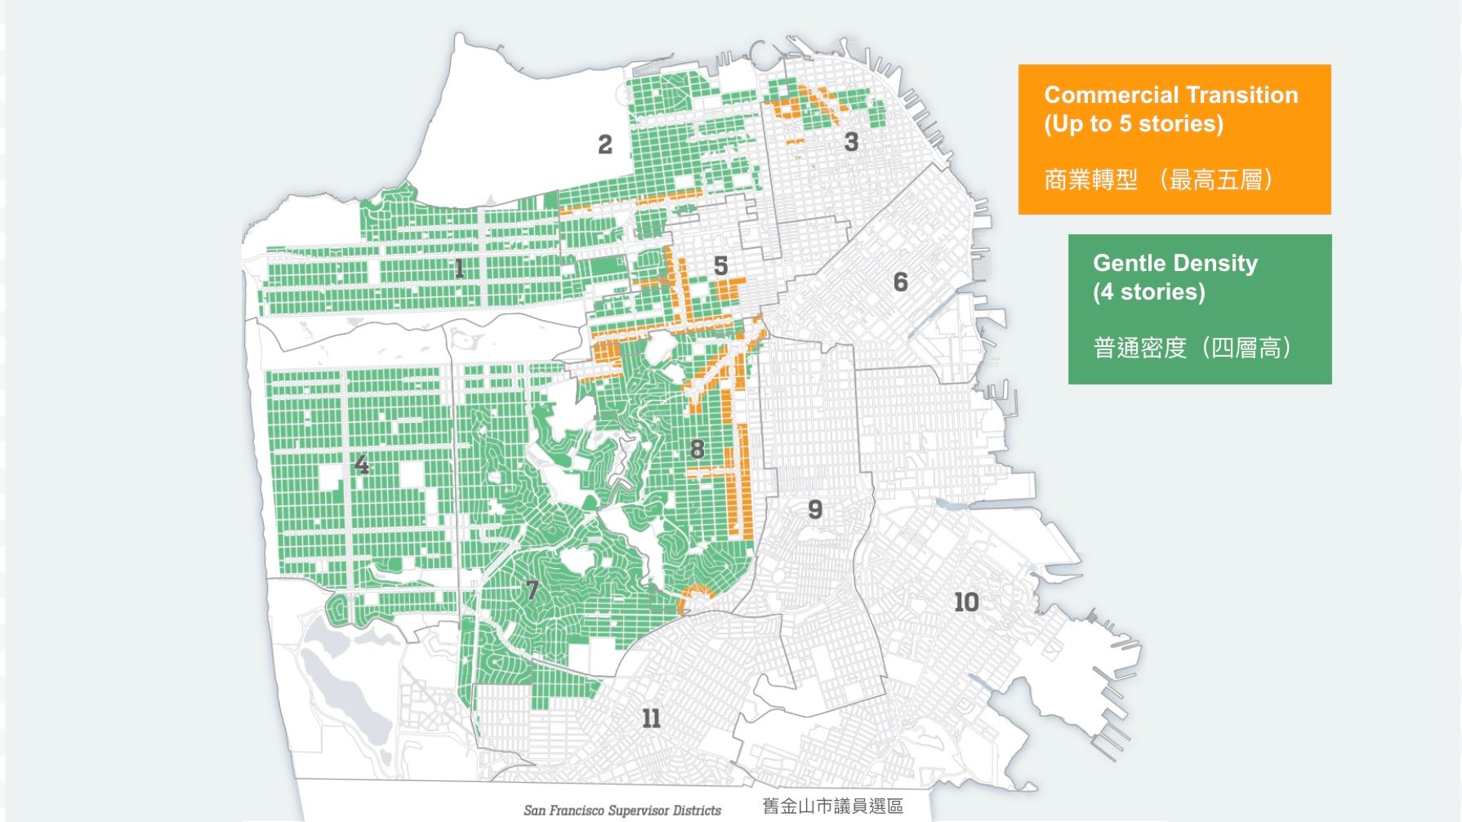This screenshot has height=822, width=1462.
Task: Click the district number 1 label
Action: [459, 268]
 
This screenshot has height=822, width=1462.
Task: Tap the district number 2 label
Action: [604, 144]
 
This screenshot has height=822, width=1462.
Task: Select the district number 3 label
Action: [851, 142]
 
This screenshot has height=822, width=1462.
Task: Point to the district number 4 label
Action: [361, 465]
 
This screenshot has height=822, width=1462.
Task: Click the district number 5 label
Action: [720, 265]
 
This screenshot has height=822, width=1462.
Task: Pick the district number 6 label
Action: [900, 282]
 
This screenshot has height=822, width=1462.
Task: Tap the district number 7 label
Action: [532, 589]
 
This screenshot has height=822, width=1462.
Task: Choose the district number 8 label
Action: [697, 449]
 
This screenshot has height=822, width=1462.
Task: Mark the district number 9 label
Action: [815, 509]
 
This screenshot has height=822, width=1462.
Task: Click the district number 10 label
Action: [966, 602]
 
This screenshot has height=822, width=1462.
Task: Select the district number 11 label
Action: [651, 718]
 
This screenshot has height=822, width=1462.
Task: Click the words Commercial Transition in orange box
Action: [1170, 95]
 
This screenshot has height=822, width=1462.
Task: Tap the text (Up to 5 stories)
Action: [1134, 123]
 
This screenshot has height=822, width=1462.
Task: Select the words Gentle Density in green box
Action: [1175, 263]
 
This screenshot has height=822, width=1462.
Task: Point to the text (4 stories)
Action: [1148, 291]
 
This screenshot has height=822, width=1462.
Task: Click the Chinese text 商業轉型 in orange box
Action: [1090, 180]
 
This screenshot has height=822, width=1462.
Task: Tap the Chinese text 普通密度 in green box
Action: [1139, 349]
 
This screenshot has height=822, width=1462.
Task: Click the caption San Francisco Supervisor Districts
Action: [622, 810]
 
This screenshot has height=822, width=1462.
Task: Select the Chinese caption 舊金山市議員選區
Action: [832, 806]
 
